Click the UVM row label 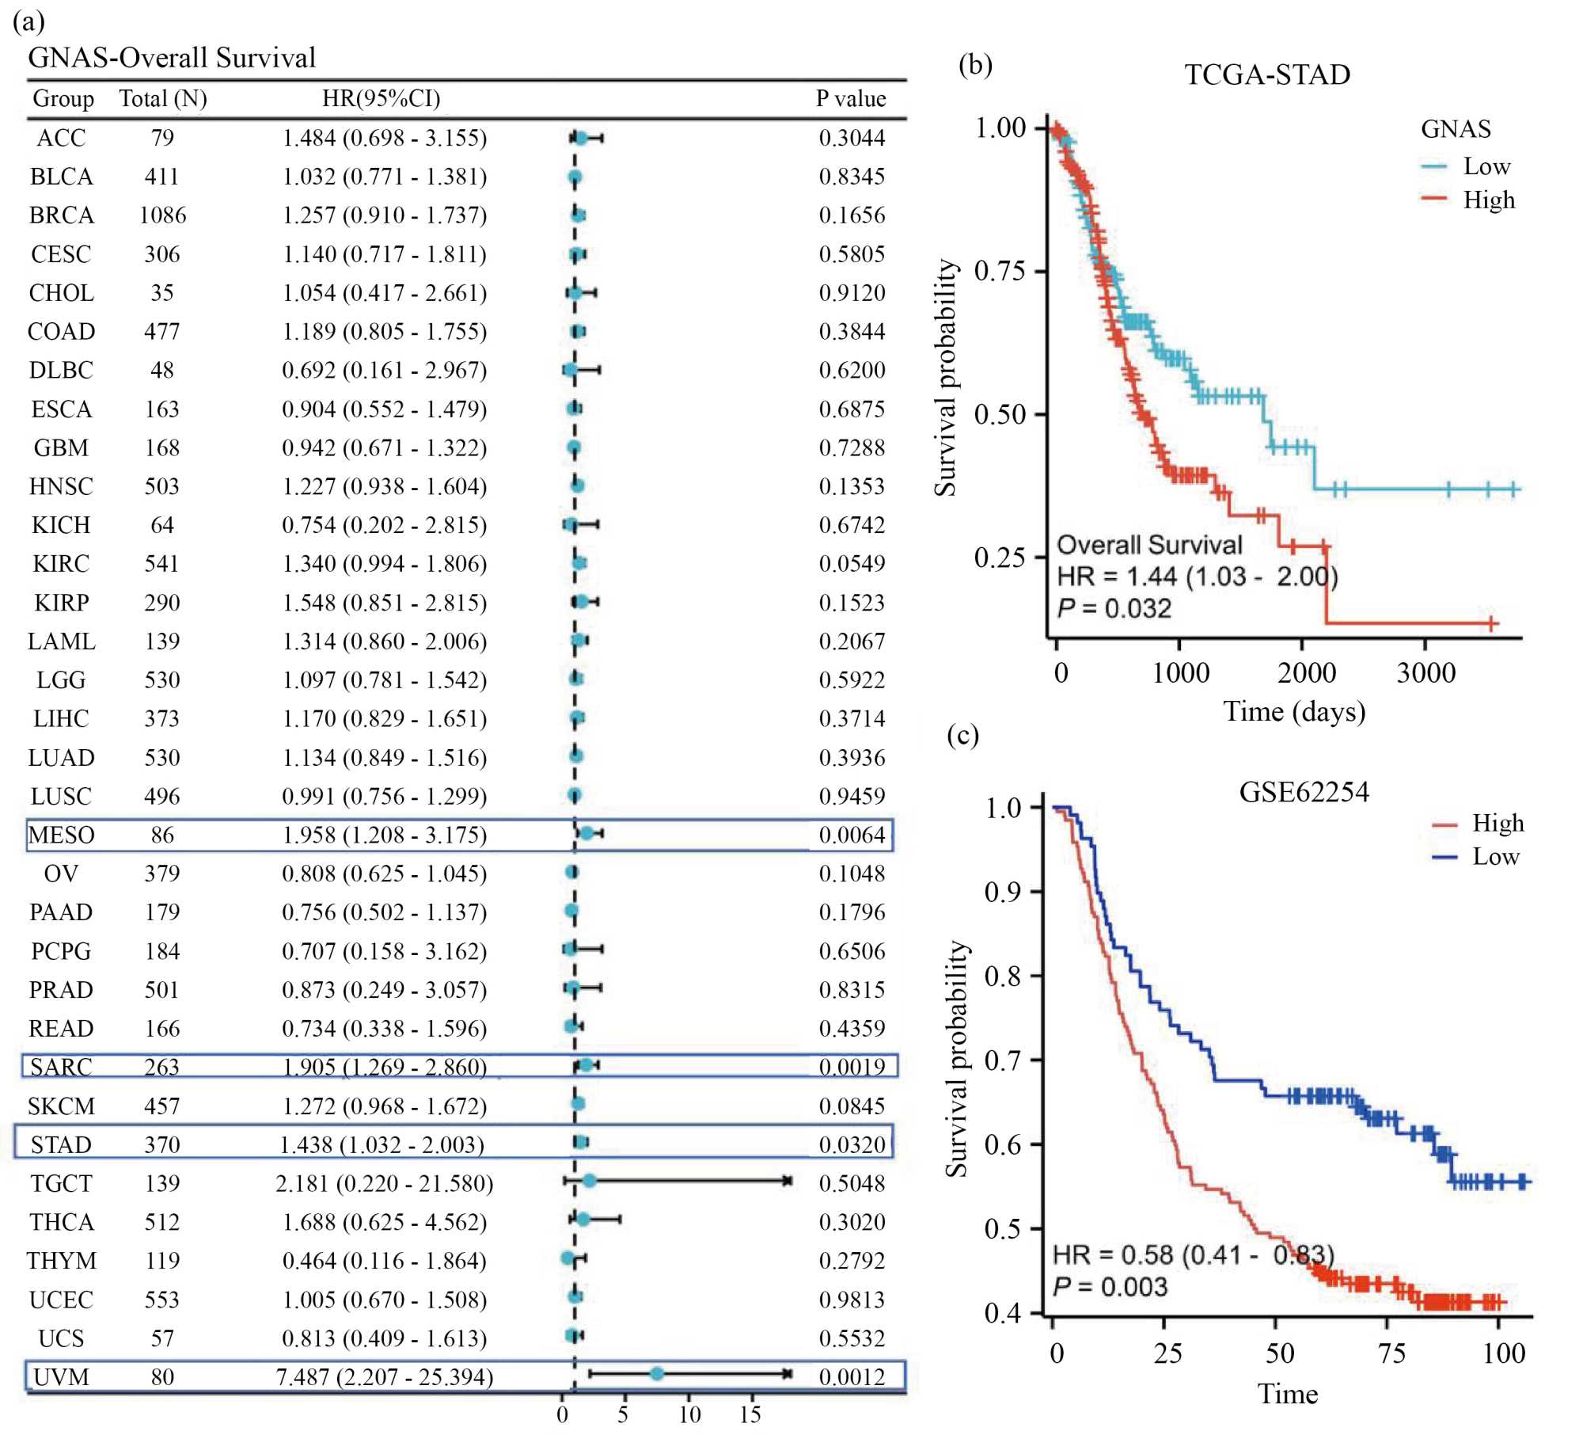pyautogui.click(x=61, y=1377)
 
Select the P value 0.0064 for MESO pyautogui.click(x=852, y=835)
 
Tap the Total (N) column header pyautogui.click(x=163, y=98)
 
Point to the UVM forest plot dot pyautogui.click(x=656, y=1373)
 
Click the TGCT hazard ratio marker pyautogui.click(x=589, y=1181)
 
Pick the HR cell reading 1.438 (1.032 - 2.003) pyautogui.click(x=382, y=1144)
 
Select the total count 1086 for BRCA pyautogui.click(x=162, y=215)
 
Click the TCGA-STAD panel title pyautogui.click(x=1266, y=74)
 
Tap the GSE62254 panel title pyautogui.click(x=1303, y=792)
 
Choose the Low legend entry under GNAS pyautogui.click(x=1486, y=166)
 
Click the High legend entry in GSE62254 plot pyautogui.click(x=1497, y=824)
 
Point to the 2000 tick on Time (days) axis pyautogui.click(x=1306, y=673)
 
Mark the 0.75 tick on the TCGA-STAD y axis pyautogui.click(x=1000, y=271)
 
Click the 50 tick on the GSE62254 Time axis pyautogui.click(x=1279, y=1353)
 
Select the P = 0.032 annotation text pyautogui.click(x=1114, y=608)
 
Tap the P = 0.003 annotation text pyautogui.click(x=1110, y=1286)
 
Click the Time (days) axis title pyautogui.click(x=1294, y=711)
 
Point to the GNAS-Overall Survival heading pyautogui.click(x=172, y=58)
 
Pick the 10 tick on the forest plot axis pyautogui.click(x=689, y=1414)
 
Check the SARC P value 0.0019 pyautogui.click(x=852, y=1067)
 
